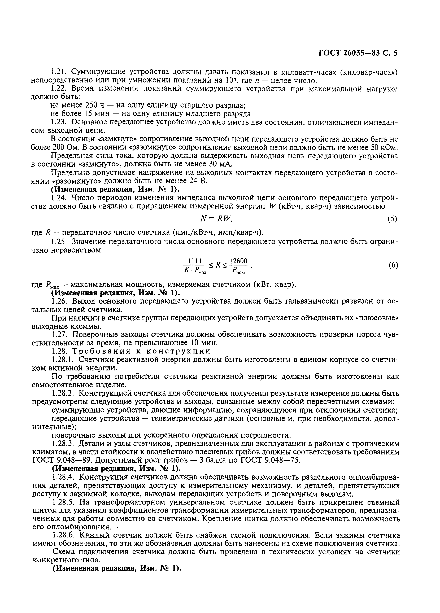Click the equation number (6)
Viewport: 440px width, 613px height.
[x=393, y=265]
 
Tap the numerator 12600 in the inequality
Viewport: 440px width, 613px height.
[x=238, y=261]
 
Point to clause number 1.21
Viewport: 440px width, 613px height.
[x=58, y=72]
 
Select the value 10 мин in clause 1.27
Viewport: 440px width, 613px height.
[x=205, y=343]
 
